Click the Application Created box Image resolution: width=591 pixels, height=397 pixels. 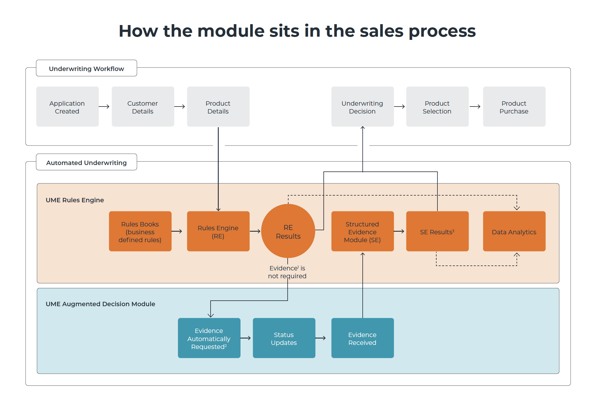tap(67, 107)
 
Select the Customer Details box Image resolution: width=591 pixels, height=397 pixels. tap(143, 107)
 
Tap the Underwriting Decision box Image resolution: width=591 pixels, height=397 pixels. tap(362, 107)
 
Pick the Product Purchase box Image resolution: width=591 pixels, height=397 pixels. tap(514, 107)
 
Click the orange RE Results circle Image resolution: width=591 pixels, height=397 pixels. tap(288, 231)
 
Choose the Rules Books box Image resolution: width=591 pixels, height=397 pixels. tap(140, 231)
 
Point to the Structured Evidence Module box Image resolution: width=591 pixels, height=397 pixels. tap(362, 231)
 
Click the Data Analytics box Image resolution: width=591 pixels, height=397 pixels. tap(514, 231)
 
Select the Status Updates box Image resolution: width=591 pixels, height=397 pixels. tap(284, 338)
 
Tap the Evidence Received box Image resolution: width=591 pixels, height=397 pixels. tap(362, 338)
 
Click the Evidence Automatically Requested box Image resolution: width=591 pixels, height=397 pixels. tap(209, 338)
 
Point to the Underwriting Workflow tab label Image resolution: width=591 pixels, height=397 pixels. tap(86, 68)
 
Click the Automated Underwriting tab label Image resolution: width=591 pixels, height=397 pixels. tap(86, 162)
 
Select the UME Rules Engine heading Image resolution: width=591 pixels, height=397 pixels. tap(75, 200)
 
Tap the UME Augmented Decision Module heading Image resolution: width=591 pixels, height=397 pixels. tap(100, 304)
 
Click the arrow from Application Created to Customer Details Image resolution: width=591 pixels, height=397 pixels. tap(104, 107)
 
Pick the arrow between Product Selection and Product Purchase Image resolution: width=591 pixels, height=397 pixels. tap(475, 107)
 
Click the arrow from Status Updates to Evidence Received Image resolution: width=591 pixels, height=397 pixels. tap(321, 338)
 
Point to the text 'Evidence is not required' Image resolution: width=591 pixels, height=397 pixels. tap(287, 272)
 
